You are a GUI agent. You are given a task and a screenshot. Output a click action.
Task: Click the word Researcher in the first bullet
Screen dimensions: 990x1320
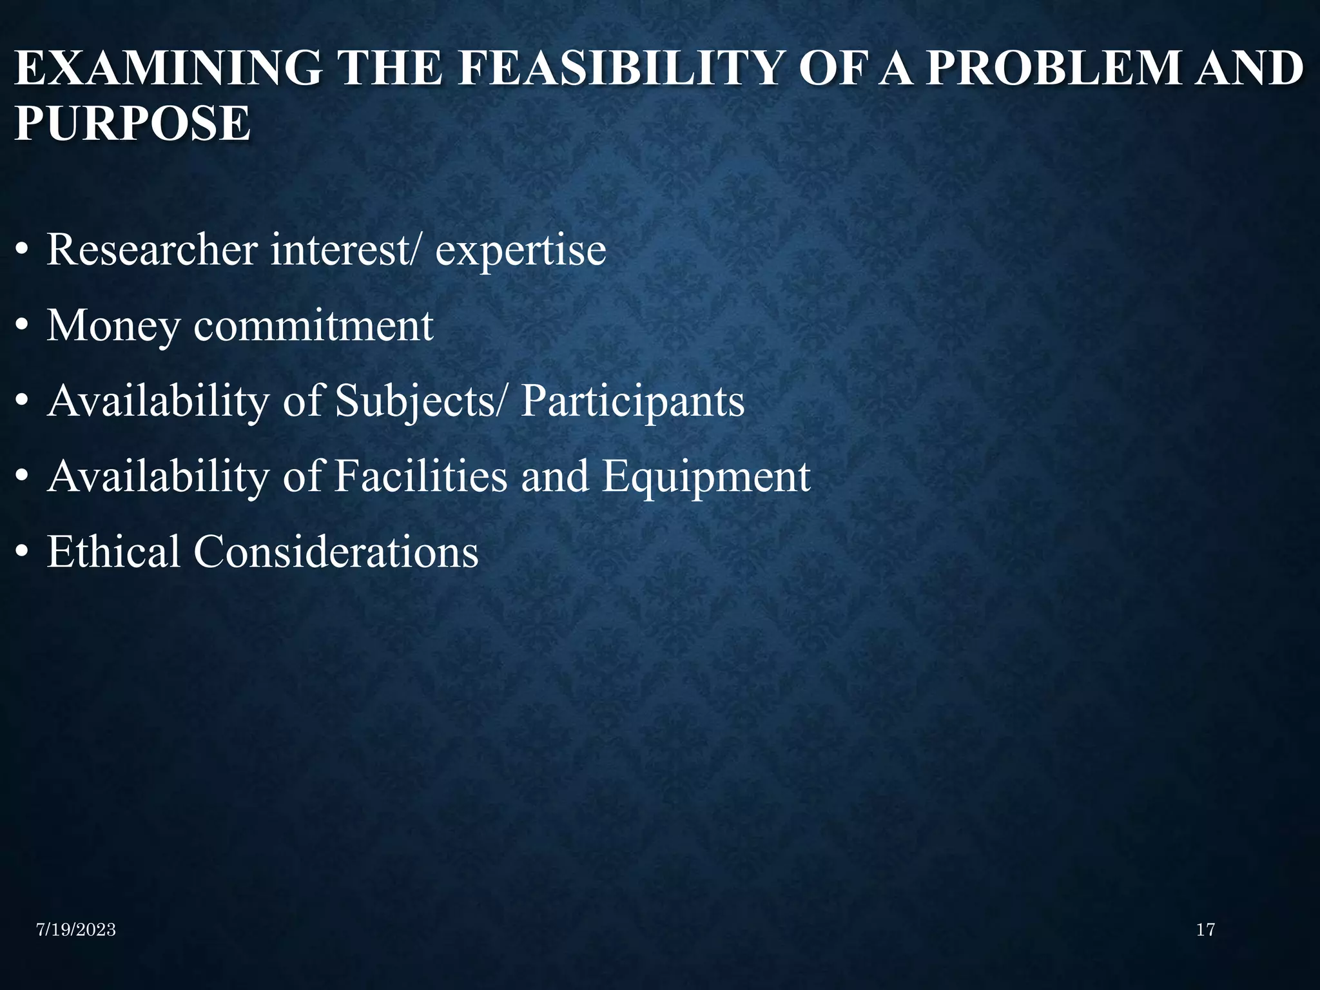152,249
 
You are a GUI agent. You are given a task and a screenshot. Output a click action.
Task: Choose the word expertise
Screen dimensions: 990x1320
521,251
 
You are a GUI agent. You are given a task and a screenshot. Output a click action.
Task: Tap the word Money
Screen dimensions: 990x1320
113,326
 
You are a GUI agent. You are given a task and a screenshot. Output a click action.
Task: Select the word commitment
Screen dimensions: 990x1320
313,325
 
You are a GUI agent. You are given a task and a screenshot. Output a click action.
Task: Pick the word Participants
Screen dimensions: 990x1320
633,402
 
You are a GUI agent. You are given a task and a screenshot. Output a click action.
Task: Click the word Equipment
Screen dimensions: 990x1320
706,478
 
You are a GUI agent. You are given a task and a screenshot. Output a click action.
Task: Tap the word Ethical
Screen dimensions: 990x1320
113,552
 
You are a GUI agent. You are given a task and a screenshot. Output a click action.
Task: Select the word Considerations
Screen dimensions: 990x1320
336,552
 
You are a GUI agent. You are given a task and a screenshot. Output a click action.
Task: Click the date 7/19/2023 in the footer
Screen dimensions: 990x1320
76,929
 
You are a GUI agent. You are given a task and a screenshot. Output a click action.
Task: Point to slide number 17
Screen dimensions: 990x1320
1205,929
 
